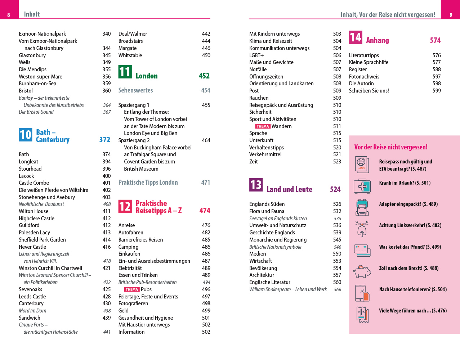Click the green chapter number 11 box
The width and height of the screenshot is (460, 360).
pyautogui.click(x=125, y=72)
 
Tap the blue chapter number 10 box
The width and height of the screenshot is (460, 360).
pyautogui.click(x=26, y=135)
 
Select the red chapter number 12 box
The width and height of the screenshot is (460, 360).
pyautogui.click(x=125, y=206)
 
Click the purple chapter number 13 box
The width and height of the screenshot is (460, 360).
pyautogui.click(x=256, y=185)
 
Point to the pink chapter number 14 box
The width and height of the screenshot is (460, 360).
pyautogui.click(x=356, y=37)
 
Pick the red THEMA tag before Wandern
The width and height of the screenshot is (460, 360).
pyautogui.click(x=263, y=126)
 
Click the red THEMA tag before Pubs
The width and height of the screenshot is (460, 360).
pyautogui.click(x=132, y=289)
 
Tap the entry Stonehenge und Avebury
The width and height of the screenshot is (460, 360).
pyautogui.click(x=47, y=197)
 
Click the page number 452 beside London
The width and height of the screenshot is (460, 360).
pyautogui.click(x=204, y=76)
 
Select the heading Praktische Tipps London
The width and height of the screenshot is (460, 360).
pyautogui.click(x=148, y=183)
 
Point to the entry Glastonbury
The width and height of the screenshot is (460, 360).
pyautogui.click(x=32, y=55)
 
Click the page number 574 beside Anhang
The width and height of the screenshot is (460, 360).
pyautogui.click(x=435, y=40)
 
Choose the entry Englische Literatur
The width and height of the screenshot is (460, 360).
pyautogui.click(x=270, y=282)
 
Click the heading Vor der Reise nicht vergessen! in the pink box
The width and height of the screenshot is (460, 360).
pyautogui.click(x=391, y=147)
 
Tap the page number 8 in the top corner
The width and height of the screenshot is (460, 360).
pyautogui.click(x=9, y=15)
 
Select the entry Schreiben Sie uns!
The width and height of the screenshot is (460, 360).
pyautogui.click(x=369, y=91)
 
